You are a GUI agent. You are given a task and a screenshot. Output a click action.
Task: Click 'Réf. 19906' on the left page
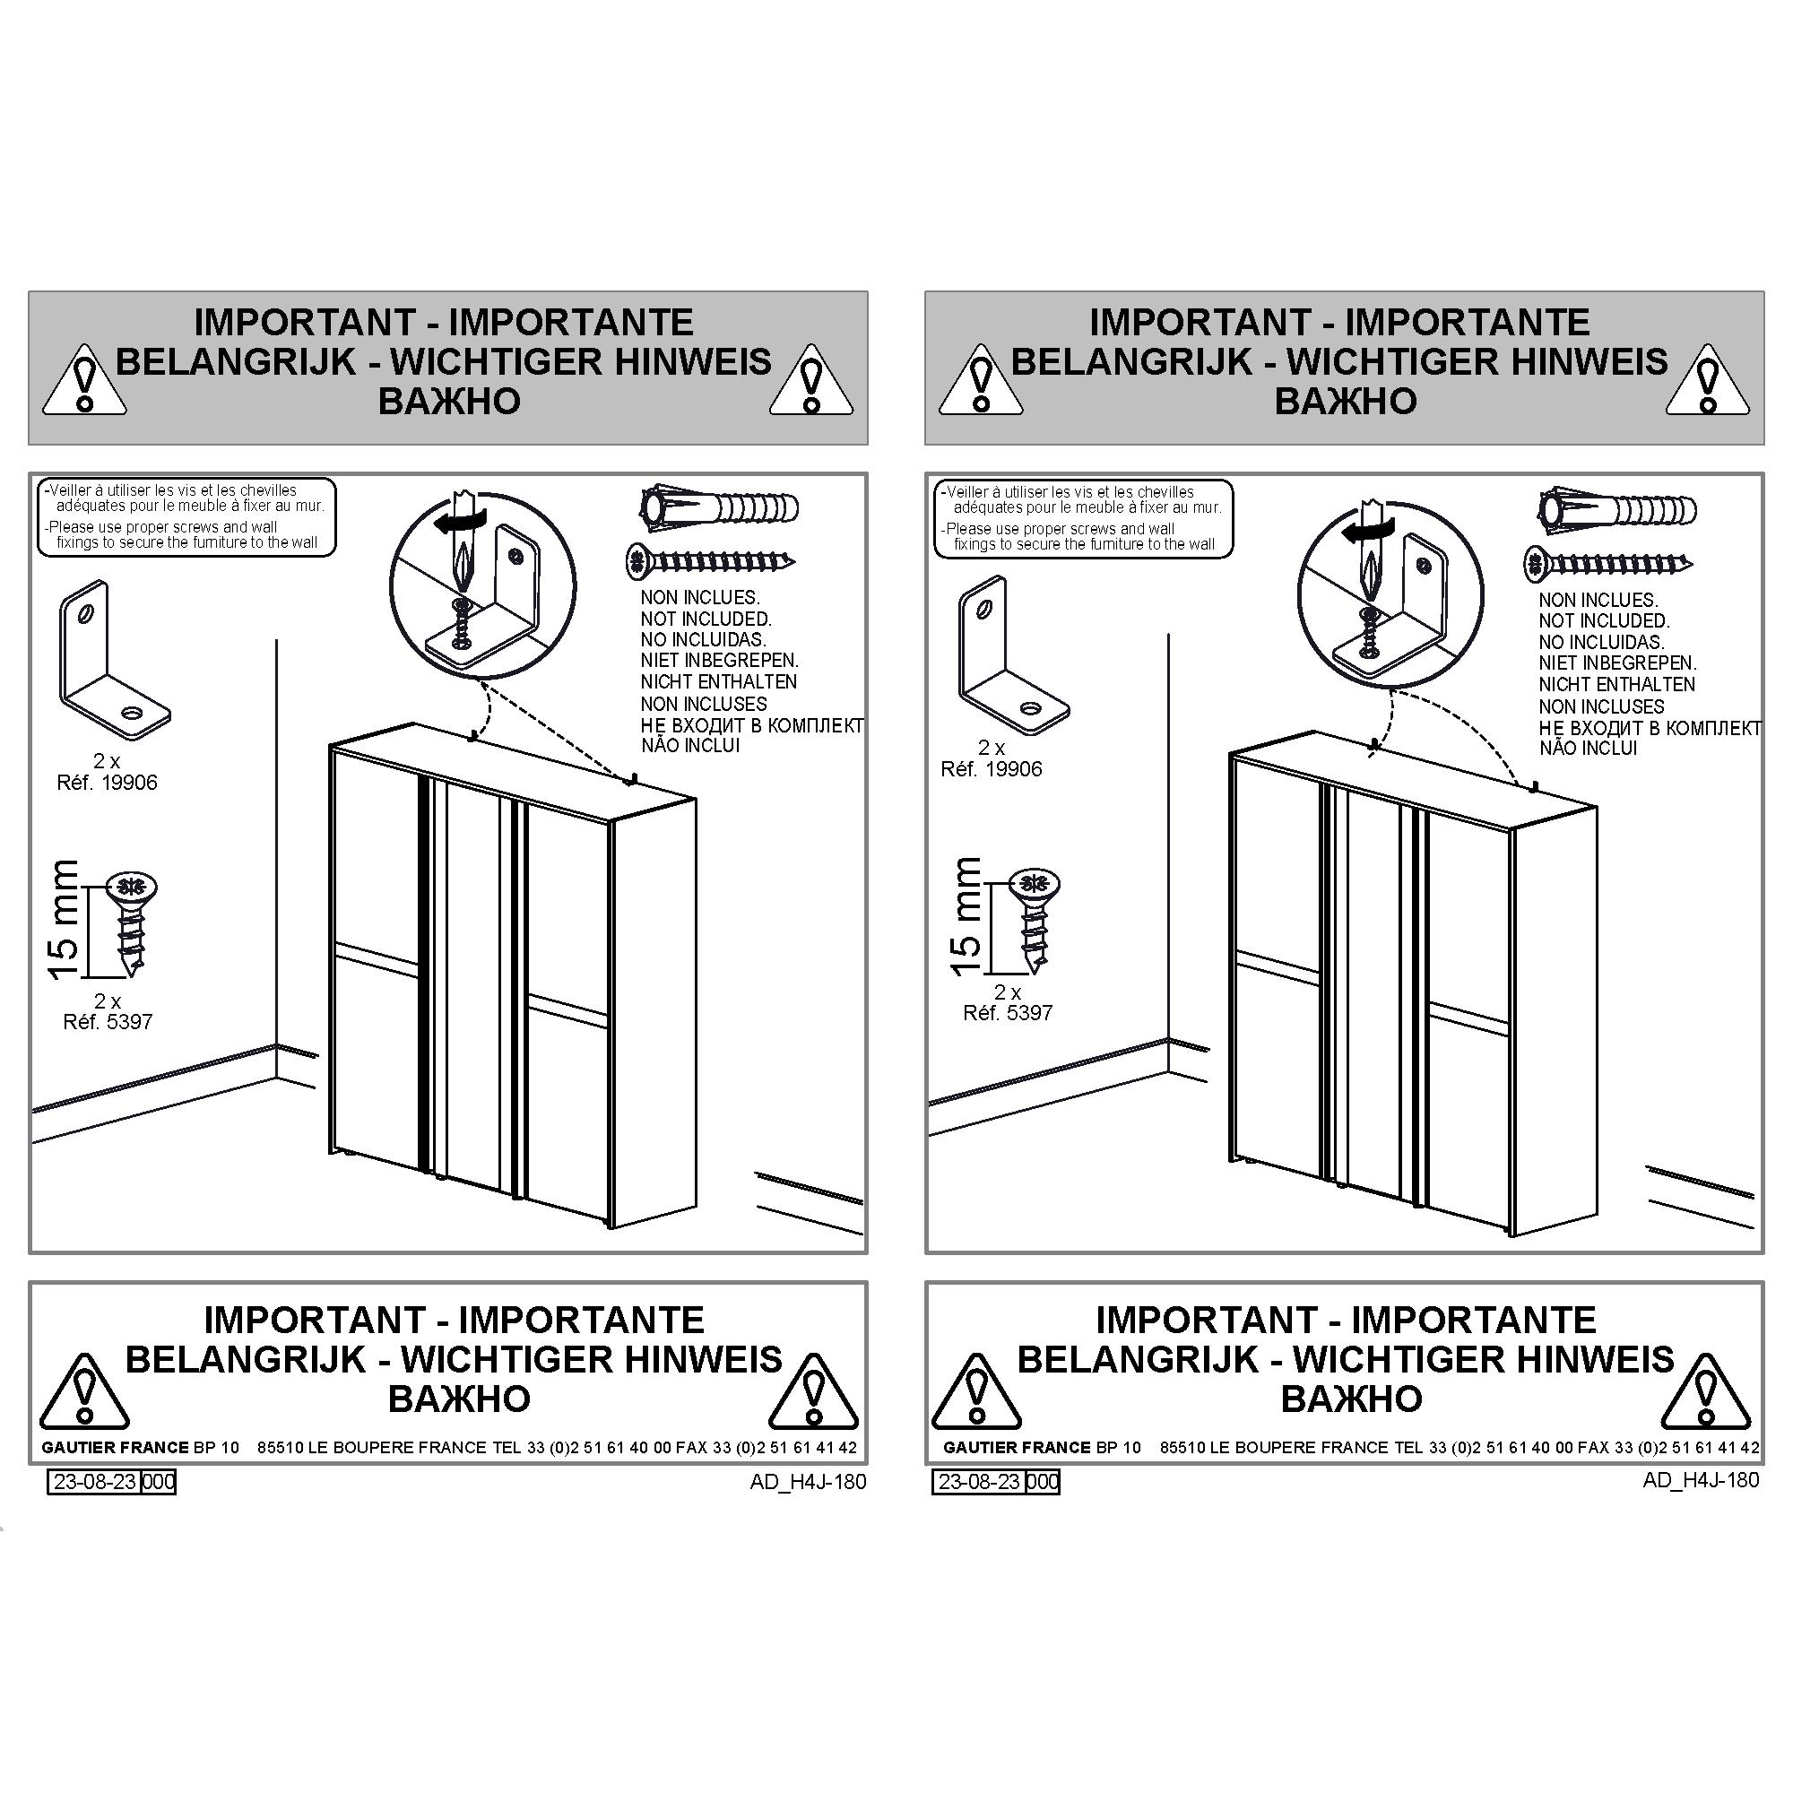click(x=107, y=783)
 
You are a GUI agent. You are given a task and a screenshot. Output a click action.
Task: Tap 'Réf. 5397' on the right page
click(x=1008, y=1012)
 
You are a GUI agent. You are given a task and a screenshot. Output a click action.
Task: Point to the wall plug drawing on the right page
click(x=1617, y=508)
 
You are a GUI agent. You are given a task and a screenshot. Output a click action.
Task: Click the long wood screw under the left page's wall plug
click(x=711, y=559)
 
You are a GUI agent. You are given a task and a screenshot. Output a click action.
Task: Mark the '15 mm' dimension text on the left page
click(x=64, y=919)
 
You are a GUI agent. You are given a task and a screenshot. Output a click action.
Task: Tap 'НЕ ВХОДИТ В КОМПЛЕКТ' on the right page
click(x=1650, y=729)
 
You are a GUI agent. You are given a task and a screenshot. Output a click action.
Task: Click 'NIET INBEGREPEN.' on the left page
click(x=719, y=661)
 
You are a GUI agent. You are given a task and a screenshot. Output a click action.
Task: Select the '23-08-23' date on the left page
click(x=96, y=1481)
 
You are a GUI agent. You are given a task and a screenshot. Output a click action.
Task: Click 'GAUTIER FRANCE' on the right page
click(x=1018, y=1447)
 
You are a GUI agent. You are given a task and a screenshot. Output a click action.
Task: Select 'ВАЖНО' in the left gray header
click(x=449, y=401)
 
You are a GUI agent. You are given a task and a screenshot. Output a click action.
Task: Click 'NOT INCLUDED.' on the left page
click(x=706, y=619)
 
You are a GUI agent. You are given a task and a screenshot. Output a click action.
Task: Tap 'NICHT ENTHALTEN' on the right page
click(x=1616, y=685)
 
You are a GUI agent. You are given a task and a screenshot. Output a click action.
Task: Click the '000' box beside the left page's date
click(x=159, y=1481)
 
